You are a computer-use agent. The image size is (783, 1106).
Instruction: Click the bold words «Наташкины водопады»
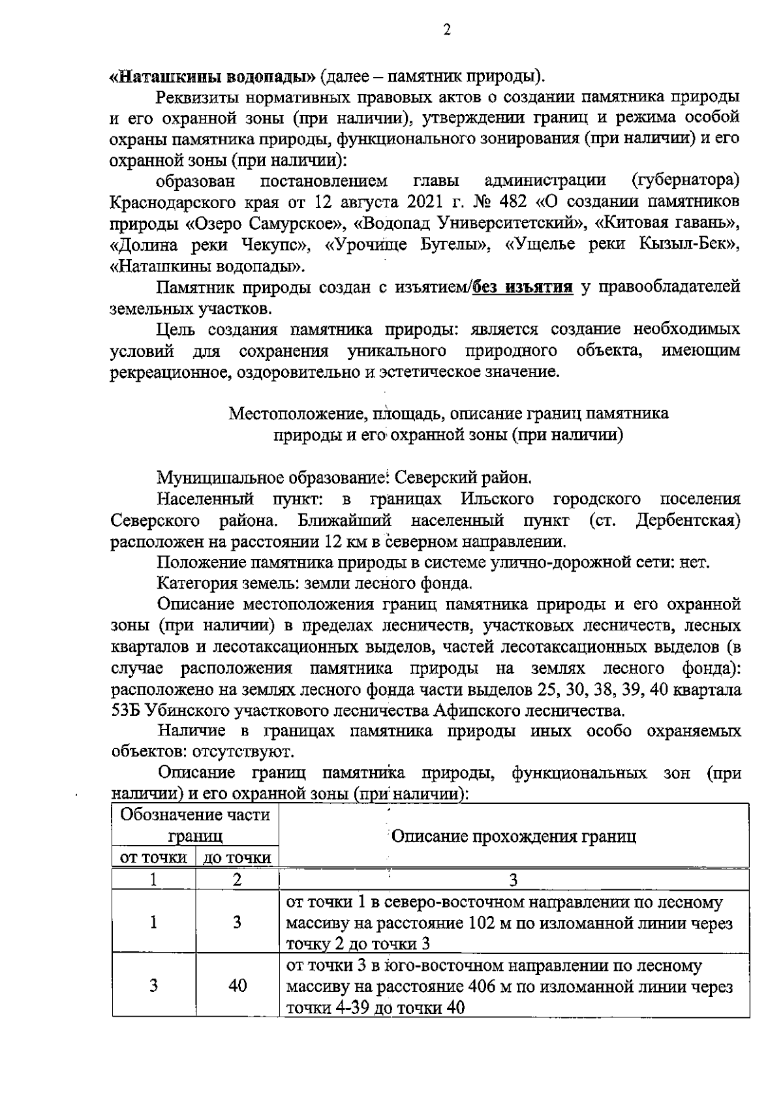tap(213, 76)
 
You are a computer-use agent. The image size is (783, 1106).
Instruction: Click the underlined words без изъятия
tap(523, 286)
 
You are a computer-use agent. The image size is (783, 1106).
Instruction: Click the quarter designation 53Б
tap(127, 710)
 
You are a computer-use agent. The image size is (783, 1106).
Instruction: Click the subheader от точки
tap(154, 858)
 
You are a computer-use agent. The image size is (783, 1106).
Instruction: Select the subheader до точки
tap(238, 858)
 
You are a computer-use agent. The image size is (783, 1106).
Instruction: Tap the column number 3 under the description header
tap(514, 880)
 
